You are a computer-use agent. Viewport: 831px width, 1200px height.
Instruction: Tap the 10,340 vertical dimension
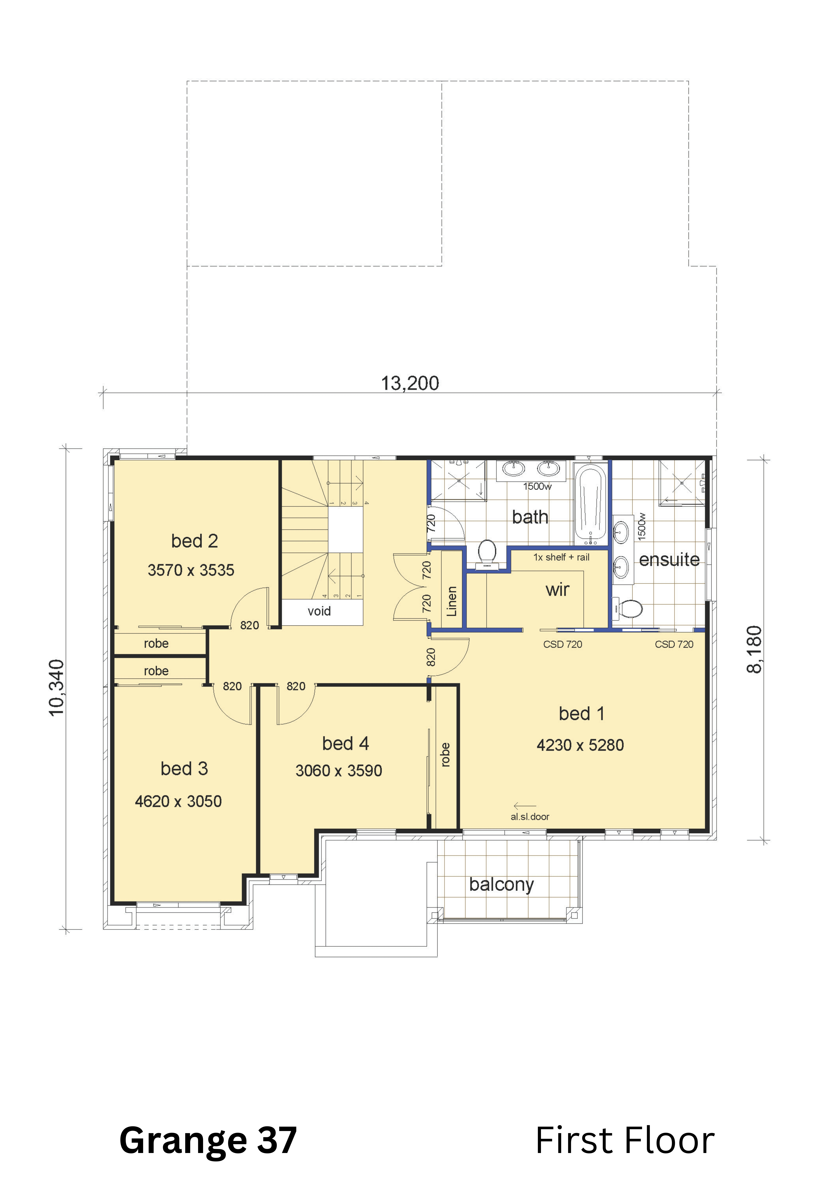pyautogui.click(x=56, y=688)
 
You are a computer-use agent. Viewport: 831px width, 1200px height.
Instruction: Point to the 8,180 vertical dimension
pyautogui.click(x=754, y=650)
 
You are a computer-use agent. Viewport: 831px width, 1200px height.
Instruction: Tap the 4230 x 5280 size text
pyautogui.click(x=580, y=745)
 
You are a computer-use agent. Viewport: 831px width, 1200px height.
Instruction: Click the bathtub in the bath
pyautogui.click(x=591, y=503)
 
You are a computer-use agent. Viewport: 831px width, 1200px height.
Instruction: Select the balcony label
pyautogui.click(x=501, y=885)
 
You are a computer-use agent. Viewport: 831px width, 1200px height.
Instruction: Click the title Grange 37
pyautogui.click(x=208, y=1140)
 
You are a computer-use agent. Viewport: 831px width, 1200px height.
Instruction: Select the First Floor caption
pyautogui.click(x=625, y=1140)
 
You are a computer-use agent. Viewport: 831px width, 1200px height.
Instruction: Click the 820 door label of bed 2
pyautogui.click(x=249, y=625)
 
